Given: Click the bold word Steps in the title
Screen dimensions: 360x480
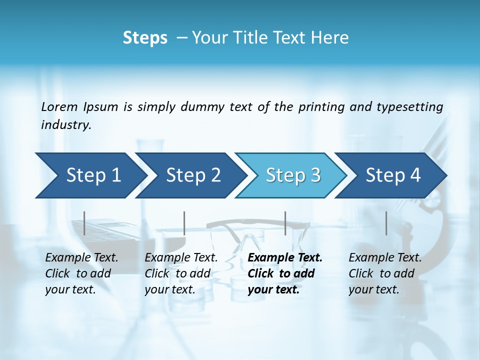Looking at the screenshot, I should coord(145,38).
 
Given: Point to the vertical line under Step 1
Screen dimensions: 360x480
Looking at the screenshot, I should coord(84,223).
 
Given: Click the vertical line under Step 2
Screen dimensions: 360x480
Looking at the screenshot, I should coord(184,223).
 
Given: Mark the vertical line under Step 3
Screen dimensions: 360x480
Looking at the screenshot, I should coord(285,223).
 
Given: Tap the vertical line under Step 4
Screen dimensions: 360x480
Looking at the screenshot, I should coord(386,223).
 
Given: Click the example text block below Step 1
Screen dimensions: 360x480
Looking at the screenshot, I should coord(81,273).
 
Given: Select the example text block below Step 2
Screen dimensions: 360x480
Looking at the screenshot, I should coord(181,273).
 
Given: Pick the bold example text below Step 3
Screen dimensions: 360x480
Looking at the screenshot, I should coord(284,273).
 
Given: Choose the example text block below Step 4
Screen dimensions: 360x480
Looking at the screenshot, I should coord(385,273).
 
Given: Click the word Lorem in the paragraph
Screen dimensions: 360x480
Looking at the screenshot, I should coord(59,106).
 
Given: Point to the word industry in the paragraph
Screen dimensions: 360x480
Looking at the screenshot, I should coord(66,125).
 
